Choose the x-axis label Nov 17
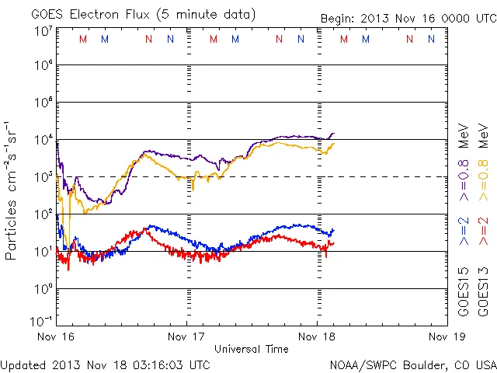click(x=187, y=337)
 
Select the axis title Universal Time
click(x=252, y=349)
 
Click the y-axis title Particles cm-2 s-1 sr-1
click(x=12, y=190)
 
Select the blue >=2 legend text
click(x=464, y=232)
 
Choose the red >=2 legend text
click(x=483, y=232)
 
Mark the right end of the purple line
click(x=334, y=133)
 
